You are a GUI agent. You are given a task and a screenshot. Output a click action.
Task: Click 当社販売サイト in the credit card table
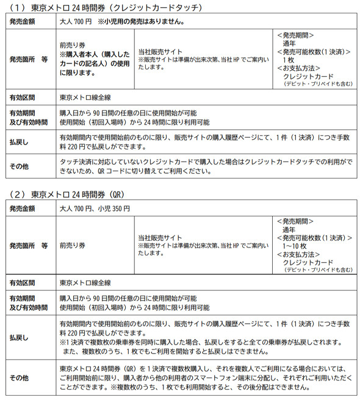click(x=160, y=52)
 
